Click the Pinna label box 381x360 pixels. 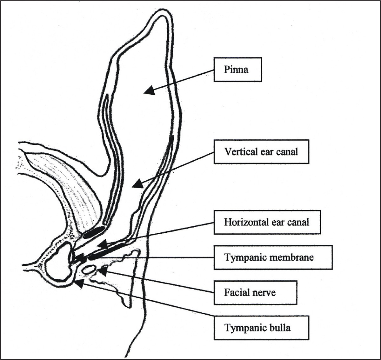coord(237,70)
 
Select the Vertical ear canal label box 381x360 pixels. coord(261,152)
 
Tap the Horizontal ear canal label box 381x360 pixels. coord(267,222)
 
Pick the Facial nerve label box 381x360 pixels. coord(255,292)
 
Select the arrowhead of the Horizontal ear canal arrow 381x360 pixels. coord(101,245)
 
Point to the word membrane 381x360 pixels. coord(294,257)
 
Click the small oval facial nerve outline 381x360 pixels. coord(88,270)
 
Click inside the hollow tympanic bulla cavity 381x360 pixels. coord(59,263)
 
